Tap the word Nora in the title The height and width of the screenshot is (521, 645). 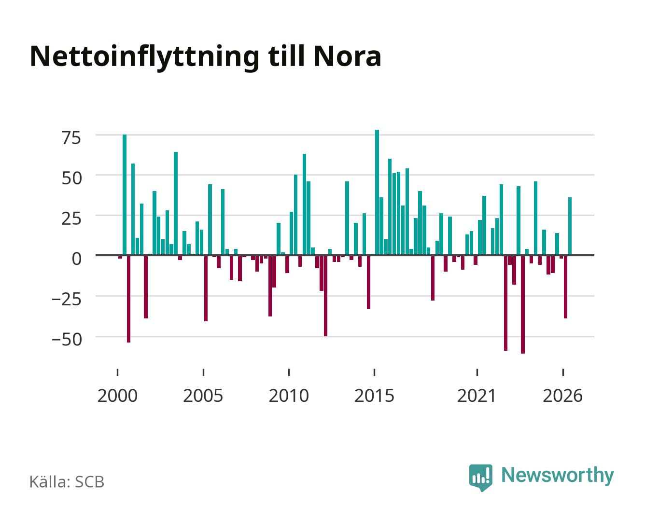[x=347, y=56]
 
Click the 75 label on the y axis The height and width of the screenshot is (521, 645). [x=71, y=138]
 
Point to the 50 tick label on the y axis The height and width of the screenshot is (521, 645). [x=71, y=178]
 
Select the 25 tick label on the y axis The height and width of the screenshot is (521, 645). [x=71, y=219]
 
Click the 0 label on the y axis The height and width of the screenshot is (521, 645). [x=77, y=259]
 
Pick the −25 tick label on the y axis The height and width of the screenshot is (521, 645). [x=67, y=299]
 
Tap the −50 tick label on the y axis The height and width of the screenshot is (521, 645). [x=67, y=340]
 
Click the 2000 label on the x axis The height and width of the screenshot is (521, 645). [x=117, y=396]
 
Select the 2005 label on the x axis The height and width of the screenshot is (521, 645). [x=203, y=396]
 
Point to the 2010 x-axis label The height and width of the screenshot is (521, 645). [x=289, y=396]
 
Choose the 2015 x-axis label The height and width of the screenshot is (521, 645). [x=374, y=396]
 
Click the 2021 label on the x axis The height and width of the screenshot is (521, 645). [x=477, y=396]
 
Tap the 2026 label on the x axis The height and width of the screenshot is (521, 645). [x=562, y=396]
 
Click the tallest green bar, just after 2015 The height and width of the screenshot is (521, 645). [x=377, y=192]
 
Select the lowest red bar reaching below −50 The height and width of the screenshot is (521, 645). [x=523, y=304]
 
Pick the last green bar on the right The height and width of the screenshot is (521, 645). [x=570, y=226]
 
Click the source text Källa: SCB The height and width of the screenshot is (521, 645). [x=67, y=481]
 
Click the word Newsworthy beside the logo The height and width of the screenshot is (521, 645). [x=558, y=476]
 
